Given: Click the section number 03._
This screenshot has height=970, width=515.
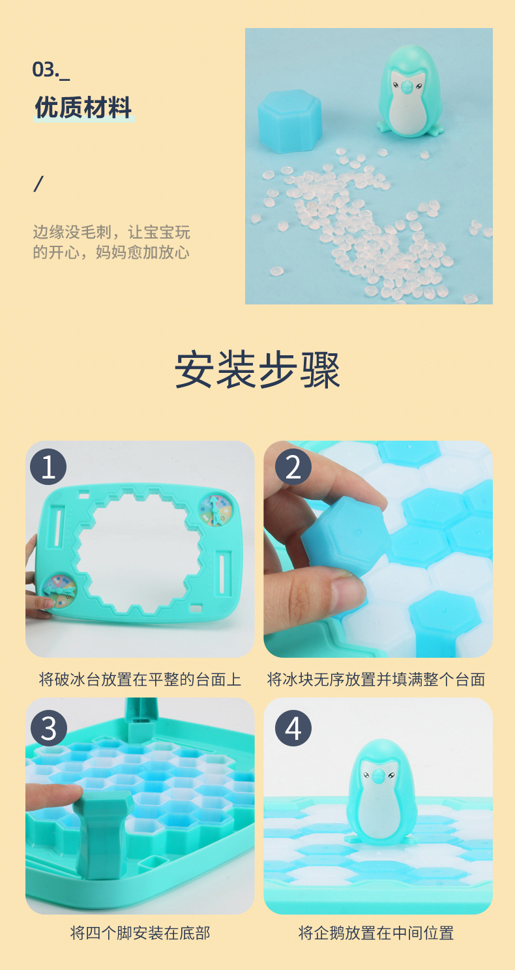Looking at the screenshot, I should click(x=51, y=69).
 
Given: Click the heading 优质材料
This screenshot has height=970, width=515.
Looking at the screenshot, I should click(x=83, y=108).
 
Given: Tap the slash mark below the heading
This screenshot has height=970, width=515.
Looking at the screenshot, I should click(x=38, y=184).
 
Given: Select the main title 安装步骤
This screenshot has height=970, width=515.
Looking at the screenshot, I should click(x=257, y=371).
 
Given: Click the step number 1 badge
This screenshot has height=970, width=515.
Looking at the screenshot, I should click(x=48, y=467).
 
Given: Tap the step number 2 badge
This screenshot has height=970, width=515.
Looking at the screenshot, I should click(x=293, y=467).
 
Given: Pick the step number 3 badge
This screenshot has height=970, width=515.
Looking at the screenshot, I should click(x=48, y=727).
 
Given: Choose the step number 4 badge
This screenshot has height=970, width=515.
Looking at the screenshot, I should click(x=293, y=727).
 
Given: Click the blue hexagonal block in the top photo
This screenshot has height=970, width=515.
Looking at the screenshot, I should click(x=290, y=121).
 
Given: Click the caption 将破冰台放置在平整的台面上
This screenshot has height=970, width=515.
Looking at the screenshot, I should click(x=140, y=680).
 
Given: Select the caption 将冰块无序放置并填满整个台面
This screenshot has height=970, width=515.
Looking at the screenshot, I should click(x=376, y=680).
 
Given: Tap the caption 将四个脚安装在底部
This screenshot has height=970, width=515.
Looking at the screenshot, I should click(x=140, y=933).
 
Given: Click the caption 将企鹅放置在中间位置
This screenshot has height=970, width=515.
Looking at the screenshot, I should click(x=376, y=933).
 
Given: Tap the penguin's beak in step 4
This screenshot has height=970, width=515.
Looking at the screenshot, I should click(x=377, y=775).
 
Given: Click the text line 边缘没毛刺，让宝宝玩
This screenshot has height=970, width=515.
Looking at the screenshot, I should click(x=111, y=232).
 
